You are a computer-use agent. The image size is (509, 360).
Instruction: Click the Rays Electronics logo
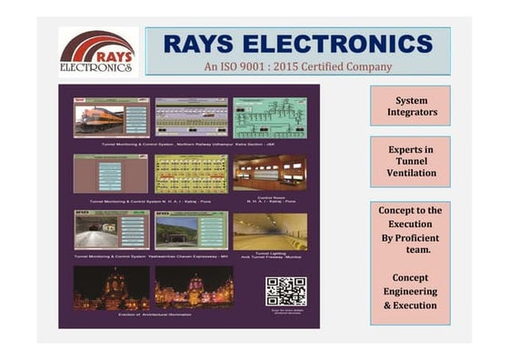tap(98, 52)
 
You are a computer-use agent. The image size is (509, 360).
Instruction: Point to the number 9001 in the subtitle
tap(247, 66)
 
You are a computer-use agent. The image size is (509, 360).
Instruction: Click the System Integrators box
tap(410, 105)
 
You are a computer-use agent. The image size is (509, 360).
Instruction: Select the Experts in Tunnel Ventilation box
tap(410, 160)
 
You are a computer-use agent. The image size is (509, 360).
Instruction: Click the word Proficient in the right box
tap(410, 238)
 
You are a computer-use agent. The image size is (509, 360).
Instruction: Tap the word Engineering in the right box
tap(410, 291)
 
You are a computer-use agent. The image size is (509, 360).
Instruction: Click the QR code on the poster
tap(285, 291)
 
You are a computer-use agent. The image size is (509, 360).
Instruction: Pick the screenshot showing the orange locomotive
tap(112, 117)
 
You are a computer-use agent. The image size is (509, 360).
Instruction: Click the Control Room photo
tap(270, 173)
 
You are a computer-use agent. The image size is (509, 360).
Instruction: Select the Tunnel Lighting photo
tap(270, 231)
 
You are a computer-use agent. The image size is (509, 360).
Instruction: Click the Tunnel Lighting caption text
tap(270, 256)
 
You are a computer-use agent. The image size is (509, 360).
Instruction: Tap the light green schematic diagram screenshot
tap(270, 117)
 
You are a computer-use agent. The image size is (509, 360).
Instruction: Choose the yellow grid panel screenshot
tap(192, 173)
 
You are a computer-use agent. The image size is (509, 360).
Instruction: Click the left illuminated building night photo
tap(112, 287)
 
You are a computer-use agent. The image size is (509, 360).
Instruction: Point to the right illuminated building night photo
tap(192, 287)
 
